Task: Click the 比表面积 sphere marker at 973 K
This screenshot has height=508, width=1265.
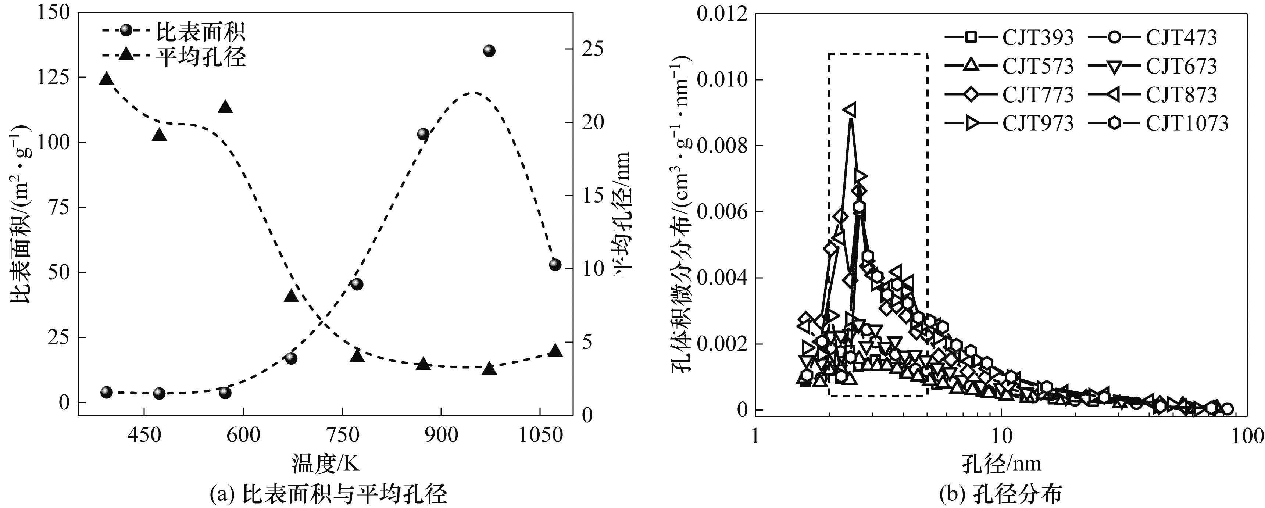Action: pyautogui.click(x=489, y=51)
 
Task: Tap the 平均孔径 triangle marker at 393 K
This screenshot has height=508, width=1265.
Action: pyautogui.click(x=107, y=79)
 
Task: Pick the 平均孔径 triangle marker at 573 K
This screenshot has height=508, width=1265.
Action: pyautogui.click(x=225, y=107)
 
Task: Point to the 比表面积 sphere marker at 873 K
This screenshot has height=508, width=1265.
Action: pyautogui.click(x=423, y=134)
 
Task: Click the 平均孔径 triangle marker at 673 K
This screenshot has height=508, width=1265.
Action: pyautogui.click(x=291, y=296)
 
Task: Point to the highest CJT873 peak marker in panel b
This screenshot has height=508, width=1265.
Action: pyautogui.click(x=850, y=110)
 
